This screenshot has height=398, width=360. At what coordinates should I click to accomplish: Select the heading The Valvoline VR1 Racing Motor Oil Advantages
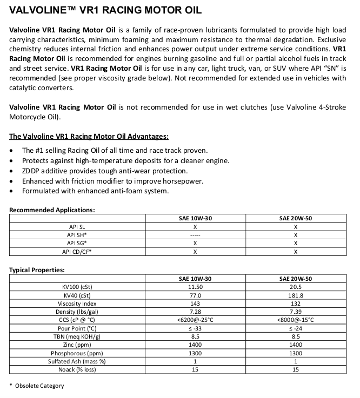coord(89,136)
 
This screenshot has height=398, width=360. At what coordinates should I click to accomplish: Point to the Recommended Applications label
coord(52,210)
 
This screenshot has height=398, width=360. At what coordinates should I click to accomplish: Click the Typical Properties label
coord(37,269)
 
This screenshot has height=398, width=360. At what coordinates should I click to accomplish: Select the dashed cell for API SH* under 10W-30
coord(195,235)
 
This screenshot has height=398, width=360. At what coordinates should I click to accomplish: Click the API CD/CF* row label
coord(77,251)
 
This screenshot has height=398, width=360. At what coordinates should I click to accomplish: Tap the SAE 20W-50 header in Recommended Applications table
coord(296,218)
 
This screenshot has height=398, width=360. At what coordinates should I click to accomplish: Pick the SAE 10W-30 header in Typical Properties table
coord(195,279)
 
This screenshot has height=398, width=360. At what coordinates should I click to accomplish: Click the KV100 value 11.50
coord(195,287)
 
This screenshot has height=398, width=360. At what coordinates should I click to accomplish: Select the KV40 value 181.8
coord(296,295)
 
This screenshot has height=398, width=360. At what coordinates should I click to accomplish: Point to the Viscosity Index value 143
coord(195,303)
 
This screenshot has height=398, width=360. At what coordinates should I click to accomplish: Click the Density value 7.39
coord(296,312)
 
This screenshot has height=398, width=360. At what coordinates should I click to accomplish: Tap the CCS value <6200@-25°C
coord(195,320)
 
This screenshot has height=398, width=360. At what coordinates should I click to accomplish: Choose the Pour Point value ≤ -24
coord(296,328)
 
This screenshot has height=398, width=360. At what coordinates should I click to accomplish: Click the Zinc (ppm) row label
coord(77,345)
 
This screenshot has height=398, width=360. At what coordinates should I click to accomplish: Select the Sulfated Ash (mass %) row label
coord(77,361)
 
